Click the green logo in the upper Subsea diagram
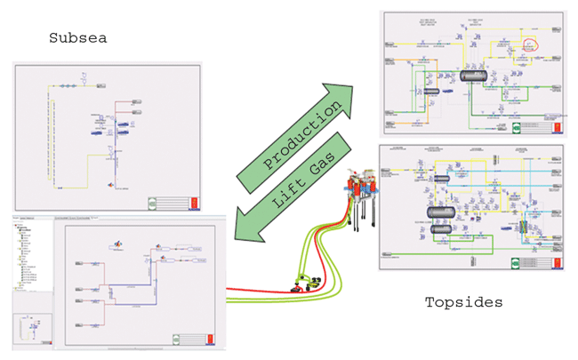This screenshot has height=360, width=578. click(178, 202)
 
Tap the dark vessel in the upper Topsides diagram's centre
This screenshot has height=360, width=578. click(470, 77)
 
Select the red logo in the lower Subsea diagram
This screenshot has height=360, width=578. click(205, 340)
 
